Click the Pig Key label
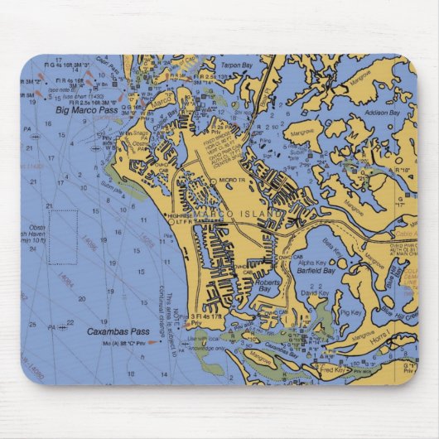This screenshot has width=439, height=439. point(350,313)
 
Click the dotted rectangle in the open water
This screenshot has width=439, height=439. point(63,236)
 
